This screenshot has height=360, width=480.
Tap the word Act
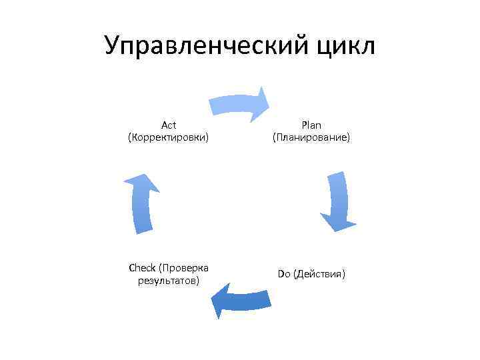pos(168,125)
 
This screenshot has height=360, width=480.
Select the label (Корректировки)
pos(168,137)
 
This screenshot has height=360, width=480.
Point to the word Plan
pos(311,125)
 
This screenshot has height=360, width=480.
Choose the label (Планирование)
pos(311,137)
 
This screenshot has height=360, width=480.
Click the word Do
pos(284,274)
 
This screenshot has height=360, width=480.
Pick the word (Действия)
pos(319,274)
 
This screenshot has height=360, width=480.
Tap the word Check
pos(141,268)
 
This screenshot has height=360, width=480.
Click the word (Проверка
pos(184,268)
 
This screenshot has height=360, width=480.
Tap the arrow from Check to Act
pos(141,203)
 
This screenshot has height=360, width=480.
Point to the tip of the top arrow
pos(268,102)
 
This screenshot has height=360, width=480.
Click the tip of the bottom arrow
pos(213,304)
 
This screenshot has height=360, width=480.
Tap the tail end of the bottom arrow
pos(269,299)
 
